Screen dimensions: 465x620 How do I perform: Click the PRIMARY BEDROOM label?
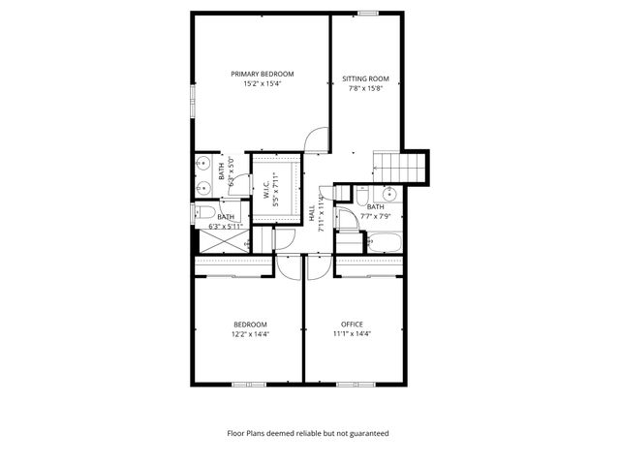click(x=262, y=74)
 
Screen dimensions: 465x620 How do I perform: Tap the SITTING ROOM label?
click(x=365, y=78)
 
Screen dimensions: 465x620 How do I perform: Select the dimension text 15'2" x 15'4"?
click(x=262, y=84)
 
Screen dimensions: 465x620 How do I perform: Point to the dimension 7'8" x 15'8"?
click(x=365, y=89)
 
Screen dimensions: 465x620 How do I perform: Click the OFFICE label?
click(x=352, y=324)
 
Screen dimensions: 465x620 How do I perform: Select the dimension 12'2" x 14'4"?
click(x=249, y=334)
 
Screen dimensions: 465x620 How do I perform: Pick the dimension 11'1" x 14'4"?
click(x=352, y=334)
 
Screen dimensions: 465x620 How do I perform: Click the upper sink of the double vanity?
click(x=203, y=163)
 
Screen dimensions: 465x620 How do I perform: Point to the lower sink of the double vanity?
click(x=203, y=187)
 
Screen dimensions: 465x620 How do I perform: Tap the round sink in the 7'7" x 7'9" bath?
click(x=388, y=194)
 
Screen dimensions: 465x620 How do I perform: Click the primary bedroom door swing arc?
click(x=317, y=142)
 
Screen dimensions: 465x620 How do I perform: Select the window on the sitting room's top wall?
click(x=368, y=13)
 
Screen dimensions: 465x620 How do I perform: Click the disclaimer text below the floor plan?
click(x=307, y=434)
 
